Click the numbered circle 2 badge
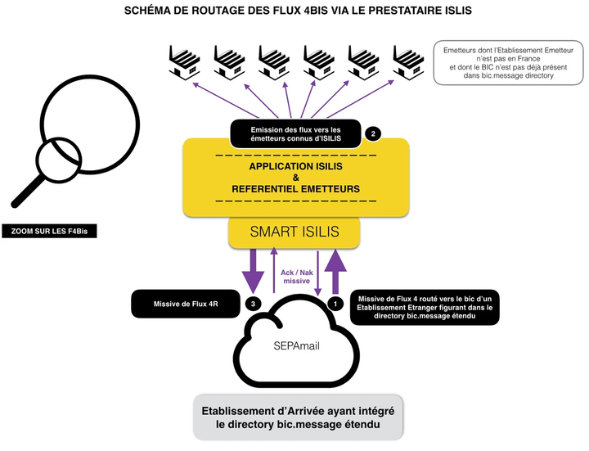pos(374,133)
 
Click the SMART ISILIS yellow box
pos(294,232)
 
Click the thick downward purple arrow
pos(250,270)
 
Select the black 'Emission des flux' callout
pos(296,133)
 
